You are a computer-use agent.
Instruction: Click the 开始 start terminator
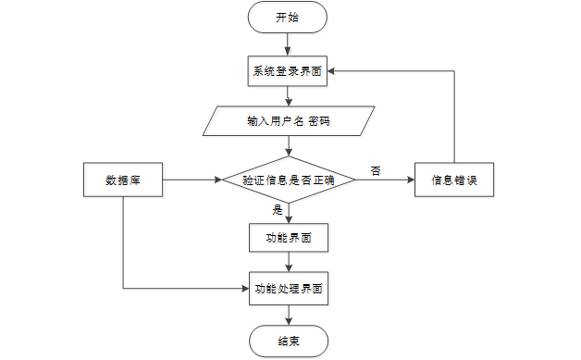click(288, 17)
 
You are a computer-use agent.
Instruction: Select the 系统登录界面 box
click(288, 69)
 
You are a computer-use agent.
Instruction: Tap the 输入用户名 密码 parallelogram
click(288, 121)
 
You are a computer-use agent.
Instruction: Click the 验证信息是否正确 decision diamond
click(288, 180)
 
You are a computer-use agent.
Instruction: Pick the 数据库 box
click(122, 180)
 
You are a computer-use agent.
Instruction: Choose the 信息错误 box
click(453, 180)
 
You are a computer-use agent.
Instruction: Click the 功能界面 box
click(288, 237)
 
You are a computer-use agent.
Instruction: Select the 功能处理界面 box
click(288, 289)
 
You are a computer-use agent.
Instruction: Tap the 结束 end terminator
click(288, 341)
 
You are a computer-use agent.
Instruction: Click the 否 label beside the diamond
click(376, 170)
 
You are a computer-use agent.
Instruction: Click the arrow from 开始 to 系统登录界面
click(288, 43)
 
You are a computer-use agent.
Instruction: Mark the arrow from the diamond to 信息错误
click(384, 180)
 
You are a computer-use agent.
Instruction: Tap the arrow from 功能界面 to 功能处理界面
click(288, 262)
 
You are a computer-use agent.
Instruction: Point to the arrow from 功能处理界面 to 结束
click(288, 315)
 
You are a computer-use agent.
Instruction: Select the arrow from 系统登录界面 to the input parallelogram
click(288, 95)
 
